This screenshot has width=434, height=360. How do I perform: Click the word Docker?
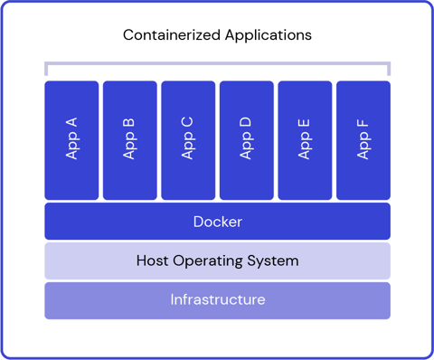pos(217,222)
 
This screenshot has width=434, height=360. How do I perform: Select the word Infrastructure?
pos(217,299)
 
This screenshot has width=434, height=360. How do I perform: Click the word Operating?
pos(209,261)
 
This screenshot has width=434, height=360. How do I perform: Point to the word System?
pos(273,261)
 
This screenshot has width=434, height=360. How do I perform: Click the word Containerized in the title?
pos(167,35)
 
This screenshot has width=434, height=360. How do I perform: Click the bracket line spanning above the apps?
pos(217,64)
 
